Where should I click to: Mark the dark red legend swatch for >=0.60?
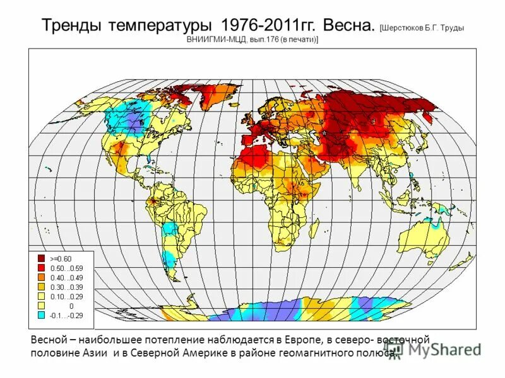40,258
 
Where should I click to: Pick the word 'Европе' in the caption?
293,340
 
